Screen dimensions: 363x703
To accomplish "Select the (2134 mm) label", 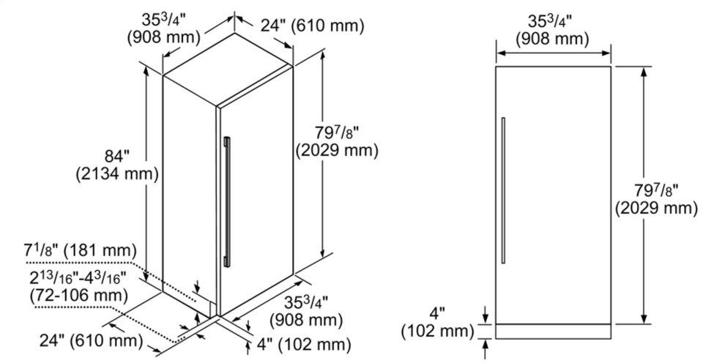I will tap(117, 174).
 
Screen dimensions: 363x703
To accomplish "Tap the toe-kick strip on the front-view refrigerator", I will tap(554, 331).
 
